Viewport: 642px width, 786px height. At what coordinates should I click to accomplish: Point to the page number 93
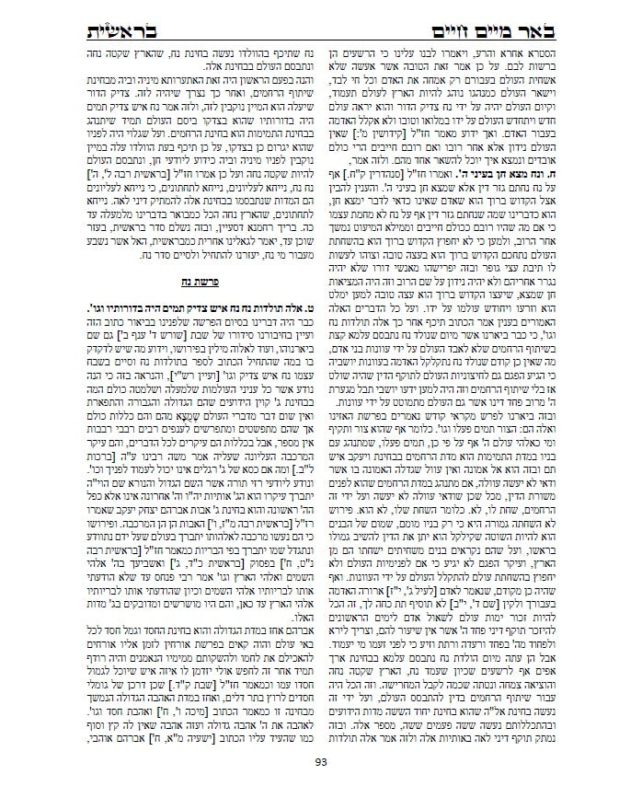click(321, 761)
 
